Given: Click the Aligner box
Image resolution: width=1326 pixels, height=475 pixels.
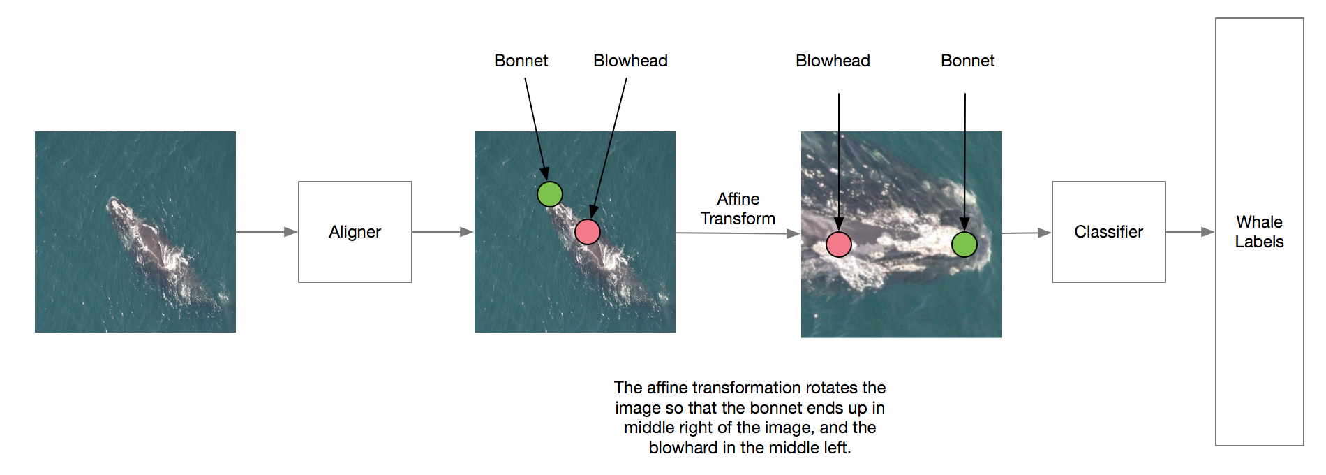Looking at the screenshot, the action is click(355, 232).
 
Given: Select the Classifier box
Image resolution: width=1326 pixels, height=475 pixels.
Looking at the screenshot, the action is click(1109, 232).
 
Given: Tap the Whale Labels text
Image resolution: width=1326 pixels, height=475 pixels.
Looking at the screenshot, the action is click(1260, 232).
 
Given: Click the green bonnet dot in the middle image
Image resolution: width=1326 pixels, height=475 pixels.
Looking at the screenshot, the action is click(550, 193).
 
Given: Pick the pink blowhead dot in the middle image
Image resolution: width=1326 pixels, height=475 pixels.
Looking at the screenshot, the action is click(588, 231).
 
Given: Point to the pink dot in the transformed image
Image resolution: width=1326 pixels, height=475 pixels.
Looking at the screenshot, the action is click(839, 244).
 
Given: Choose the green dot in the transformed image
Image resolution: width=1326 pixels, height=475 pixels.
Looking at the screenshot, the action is click(964, 244).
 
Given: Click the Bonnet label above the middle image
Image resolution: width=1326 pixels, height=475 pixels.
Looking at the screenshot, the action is click(521, 61).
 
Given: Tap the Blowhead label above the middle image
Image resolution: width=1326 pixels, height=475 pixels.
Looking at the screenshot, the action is click(630, 61).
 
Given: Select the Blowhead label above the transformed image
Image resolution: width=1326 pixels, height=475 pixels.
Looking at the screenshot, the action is click(833, 61).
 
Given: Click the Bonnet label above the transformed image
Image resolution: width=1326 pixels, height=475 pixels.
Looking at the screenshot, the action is click(968, 61).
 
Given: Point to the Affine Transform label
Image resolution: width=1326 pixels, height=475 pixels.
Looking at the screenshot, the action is click(738, 209).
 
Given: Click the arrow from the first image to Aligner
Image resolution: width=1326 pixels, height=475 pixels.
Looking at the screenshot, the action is click(267, 232).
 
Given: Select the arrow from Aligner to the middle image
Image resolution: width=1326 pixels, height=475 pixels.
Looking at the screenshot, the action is click(443, 232).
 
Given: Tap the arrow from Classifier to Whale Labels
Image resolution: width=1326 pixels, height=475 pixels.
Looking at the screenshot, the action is click(1191, 232).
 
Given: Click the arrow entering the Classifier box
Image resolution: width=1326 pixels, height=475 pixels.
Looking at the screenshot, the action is click(1027, 233).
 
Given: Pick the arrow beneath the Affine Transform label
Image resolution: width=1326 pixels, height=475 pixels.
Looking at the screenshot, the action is click(738, 233).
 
